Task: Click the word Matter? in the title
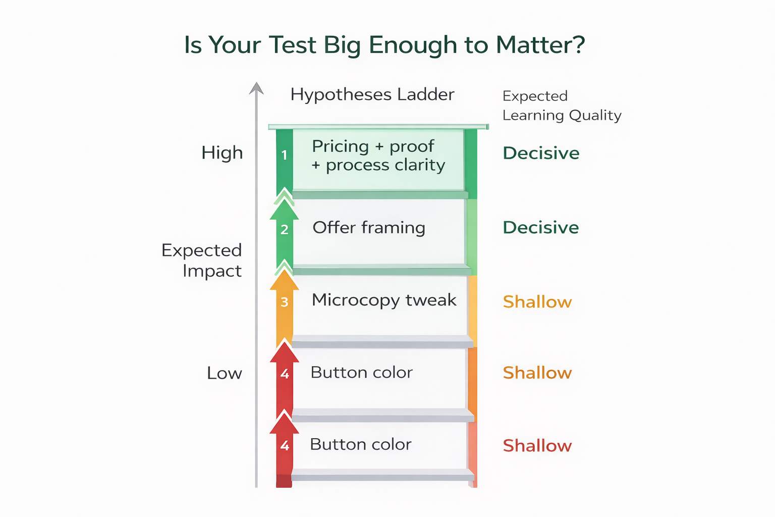[540, 45]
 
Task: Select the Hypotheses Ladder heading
[372, 94]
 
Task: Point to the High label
[222, 152]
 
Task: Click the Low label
[225, 373]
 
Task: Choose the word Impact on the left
[212, 271]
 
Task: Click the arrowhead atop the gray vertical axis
[256, 88]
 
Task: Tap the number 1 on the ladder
[285, 155]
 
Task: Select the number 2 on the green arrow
[285, 230]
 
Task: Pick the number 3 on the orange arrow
[285, 302]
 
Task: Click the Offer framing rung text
[369, 228]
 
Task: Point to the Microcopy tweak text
[384, 300]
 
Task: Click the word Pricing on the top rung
[341, 146]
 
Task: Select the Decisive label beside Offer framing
[541, 228]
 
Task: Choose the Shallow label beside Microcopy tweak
[537, 302]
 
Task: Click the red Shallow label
[537, 446]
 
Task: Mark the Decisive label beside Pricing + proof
[541, 153]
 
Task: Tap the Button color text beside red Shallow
[361, 444]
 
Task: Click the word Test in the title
[293, 45]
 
